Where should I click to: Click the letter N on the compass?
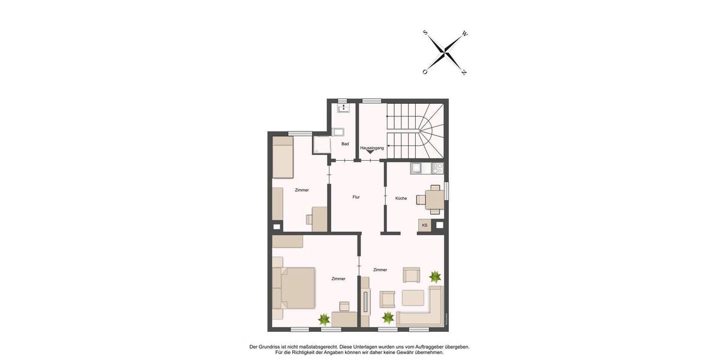(464, 72)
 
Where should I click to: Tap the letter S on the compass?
(425, 33)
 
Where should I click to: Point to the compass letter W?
(465, 34)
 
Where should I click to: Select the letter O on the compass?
(425, 72)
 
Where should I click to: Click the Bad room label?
(345, 144)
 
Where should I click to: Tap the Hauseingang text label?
(372, 148)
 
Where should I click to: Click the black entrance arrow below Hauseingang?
(371, 154)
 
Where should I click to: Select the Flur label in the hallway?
(356, 197)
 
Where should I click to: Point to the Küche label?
(401, 198)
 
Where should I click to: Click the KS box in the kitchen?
(425, 226)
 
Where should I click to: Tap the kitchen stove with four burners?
(437, 169)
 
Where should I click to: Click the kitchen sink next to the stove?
(418, 169)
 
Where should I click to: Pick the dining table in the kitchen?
(434, 199)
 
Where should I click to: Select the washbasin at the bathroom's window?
(343, 109)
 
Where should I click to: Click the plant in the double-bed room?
(325, 319)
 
